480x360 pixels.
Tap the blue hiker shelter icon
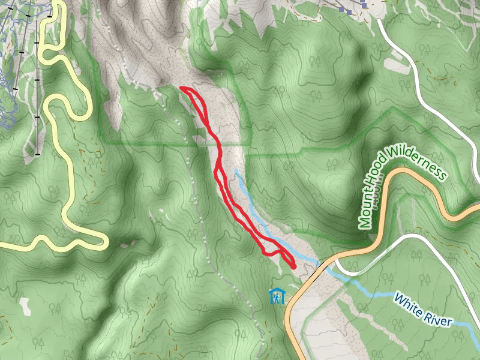277,296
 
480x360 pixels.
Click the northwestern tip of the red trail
181,88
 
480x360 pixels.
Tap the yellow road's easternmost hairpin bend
104,242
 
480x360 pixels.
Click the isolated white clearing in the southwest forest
25,306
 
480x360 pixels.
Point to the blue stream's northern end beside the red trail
236,171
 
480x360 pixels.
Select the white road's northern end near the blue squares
380,21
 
